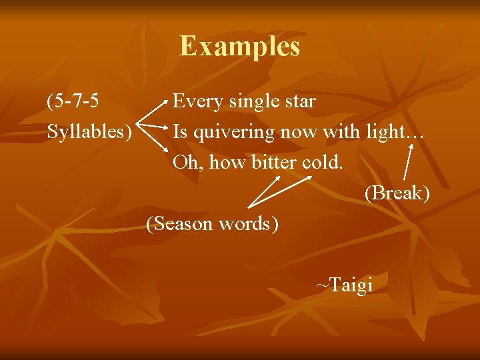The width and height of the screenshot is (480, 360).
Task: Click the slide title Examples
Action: click(239, 47)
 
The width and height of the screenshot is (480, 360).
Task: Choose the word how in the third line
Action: click(229, 162)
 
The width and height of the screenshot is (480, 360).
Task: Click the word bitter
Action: click(274, 162)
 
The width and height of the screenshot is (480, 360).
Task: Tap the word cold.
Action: click(323, 162)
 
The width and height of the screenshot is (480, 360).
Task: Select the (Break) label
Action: click(397, 193)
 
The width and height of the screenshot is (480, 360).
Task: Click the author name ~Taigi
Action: click(344, 285)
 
